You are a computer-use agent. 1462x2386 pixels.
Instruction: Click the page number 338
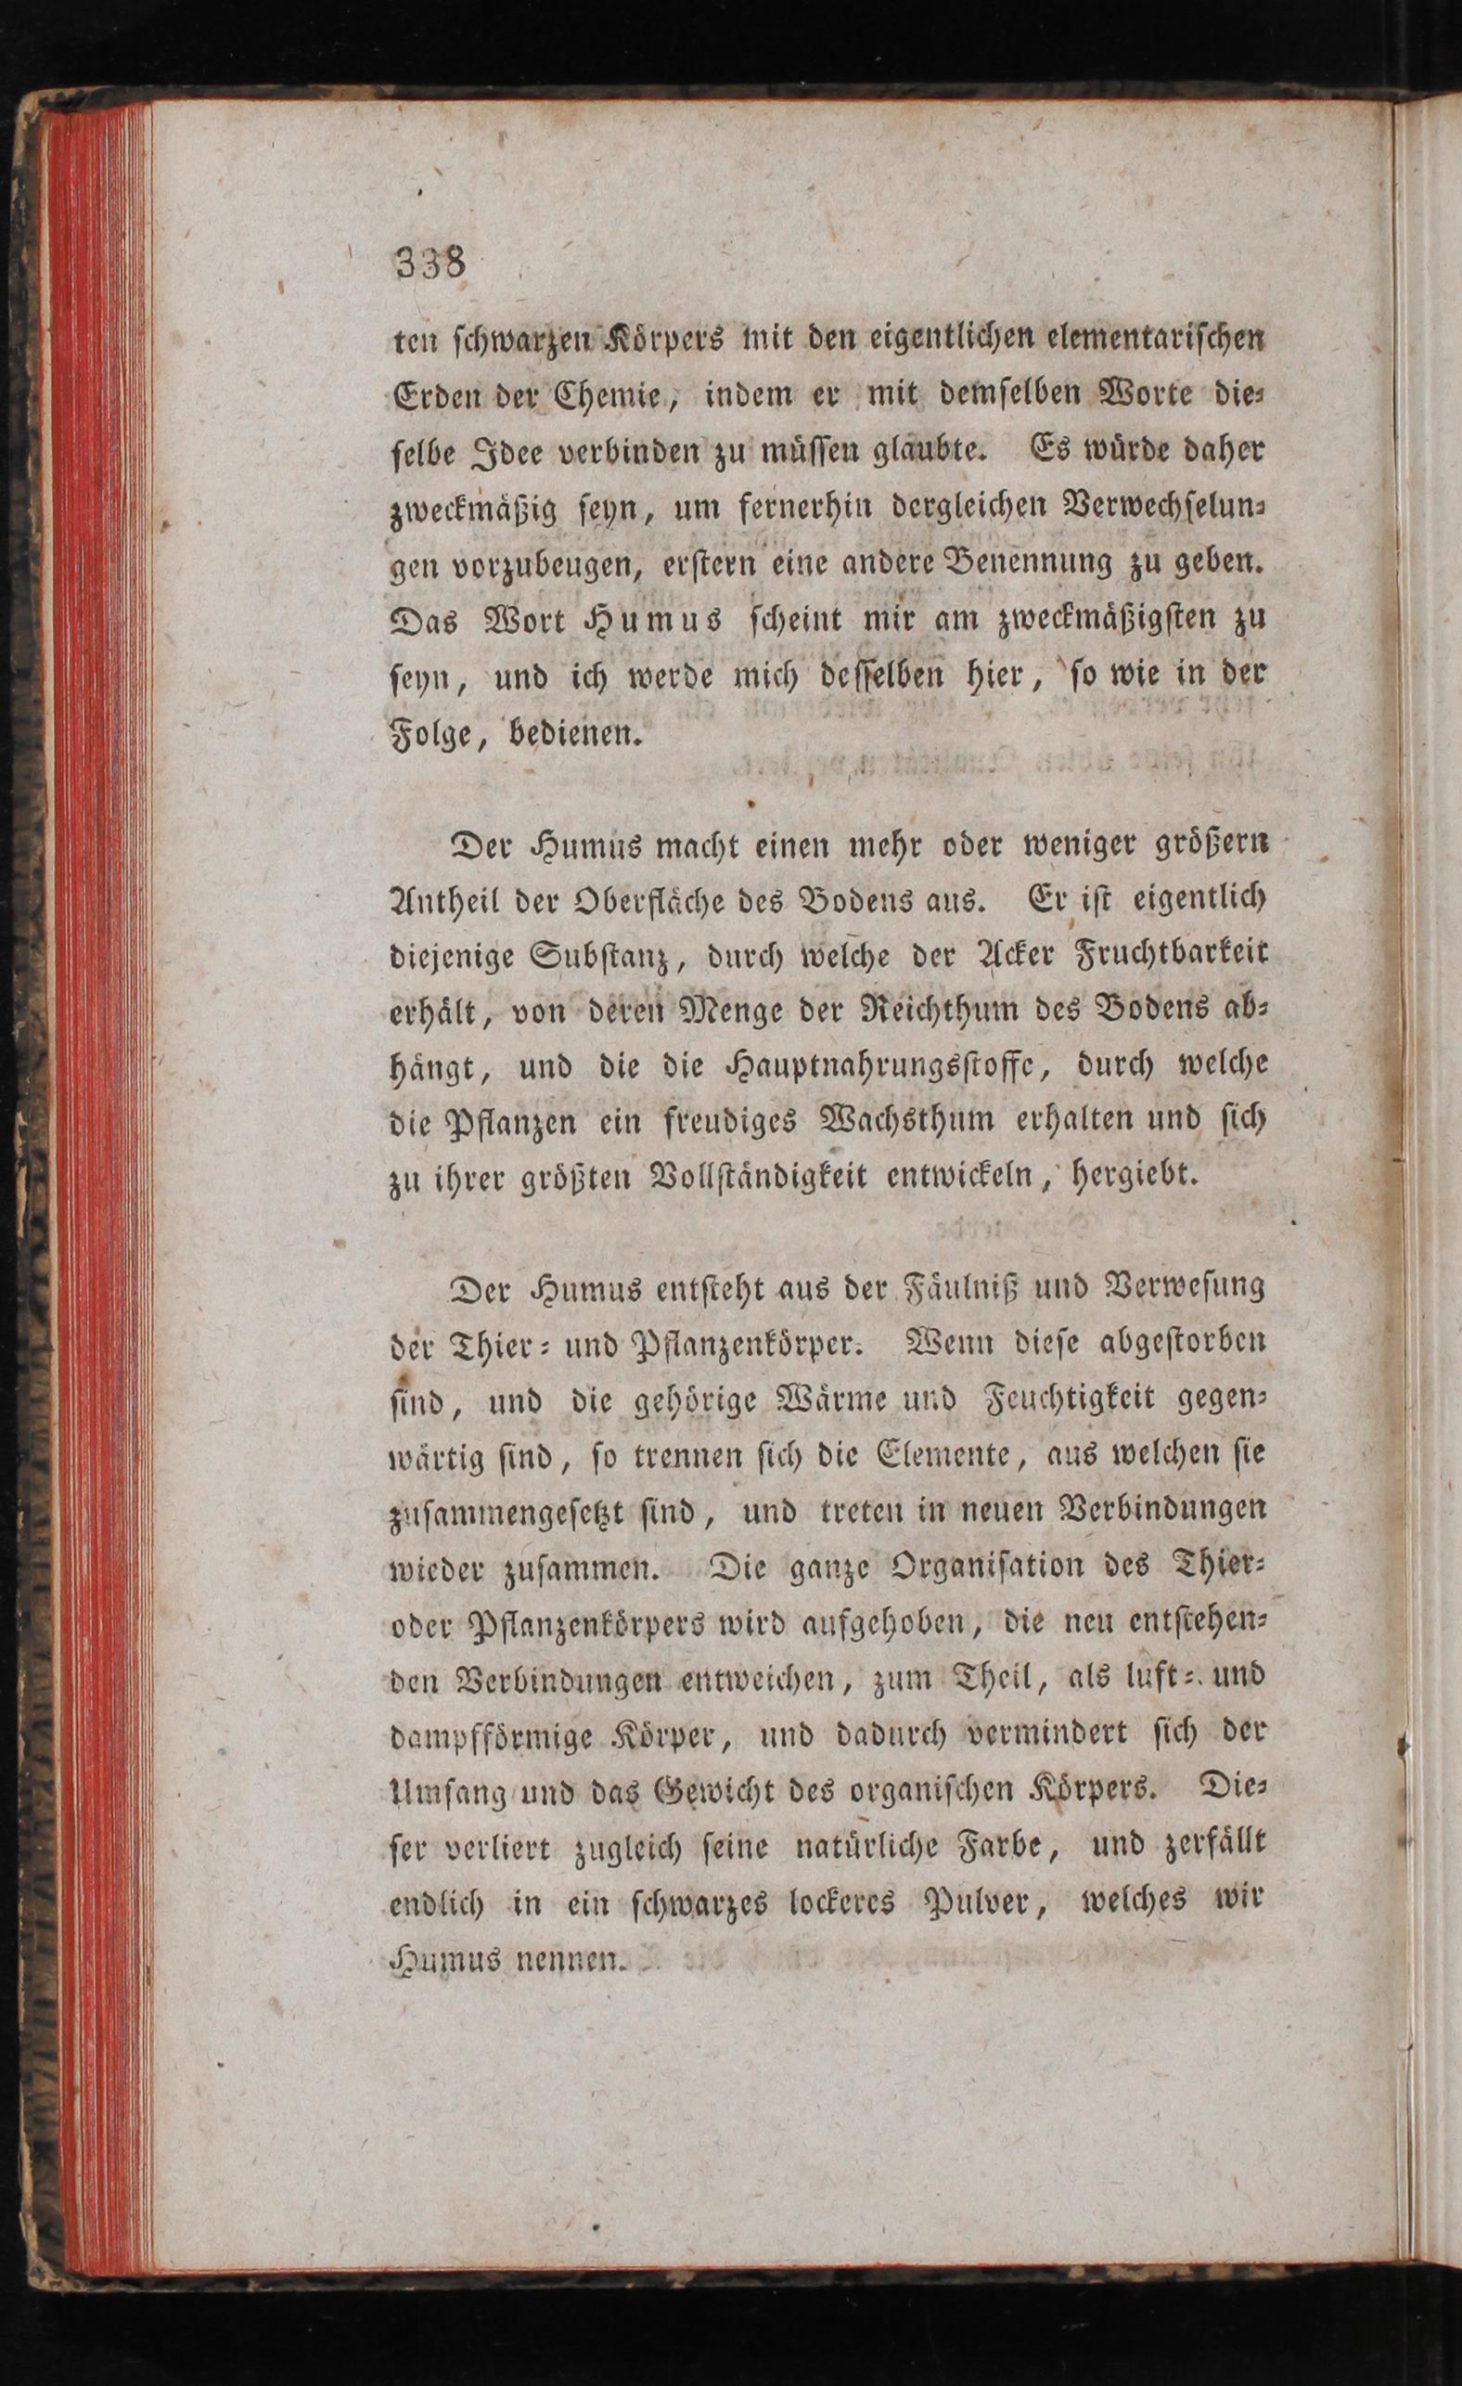(430, 263)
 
